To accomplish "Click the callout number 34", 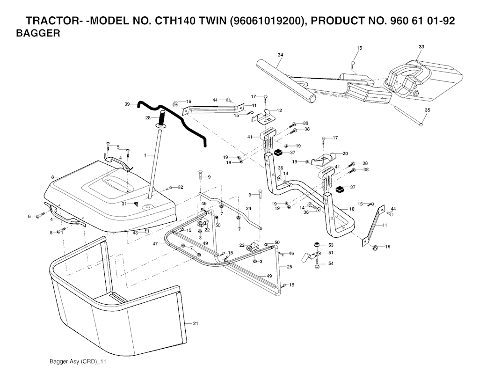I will (x=280, y=55).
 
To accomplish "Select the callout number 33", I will (x=421, y=47).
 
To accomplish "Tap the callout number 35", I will (x=427, y=110).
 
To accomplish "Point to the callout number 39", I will (x=127, y=104).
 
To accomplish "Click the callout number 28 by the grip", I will (x=148, y=117).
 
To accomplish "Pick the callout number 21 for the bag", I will (x=196, y=323).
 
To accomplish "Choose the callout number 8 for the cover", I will (x=53, y=177).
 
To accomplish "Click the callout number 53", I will (x=331, y=245).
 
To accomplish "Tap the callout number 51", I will (x=331, y=253).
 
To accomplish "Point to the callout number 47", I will (x=155, y=244).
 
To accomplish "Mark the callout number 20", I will (x=345, y=153).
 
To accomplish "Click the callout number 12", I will (x=279, y=110).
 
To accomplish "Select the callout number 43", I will (x=135, y=233).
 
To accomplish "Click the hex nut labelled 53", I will (x=317, y=244).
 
